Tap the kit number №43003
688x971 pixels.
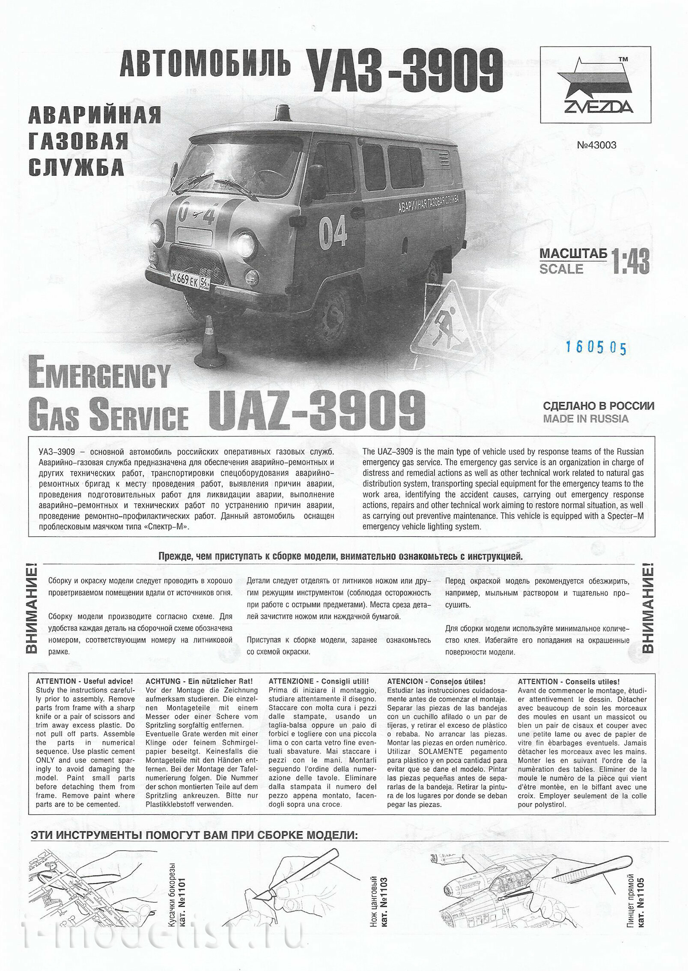(x=596, y=145)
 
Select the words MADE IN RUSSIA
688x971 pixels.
(x=586, y=418)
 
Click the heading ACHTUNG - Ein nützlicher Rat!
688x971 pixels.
(x=200, y=681)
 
